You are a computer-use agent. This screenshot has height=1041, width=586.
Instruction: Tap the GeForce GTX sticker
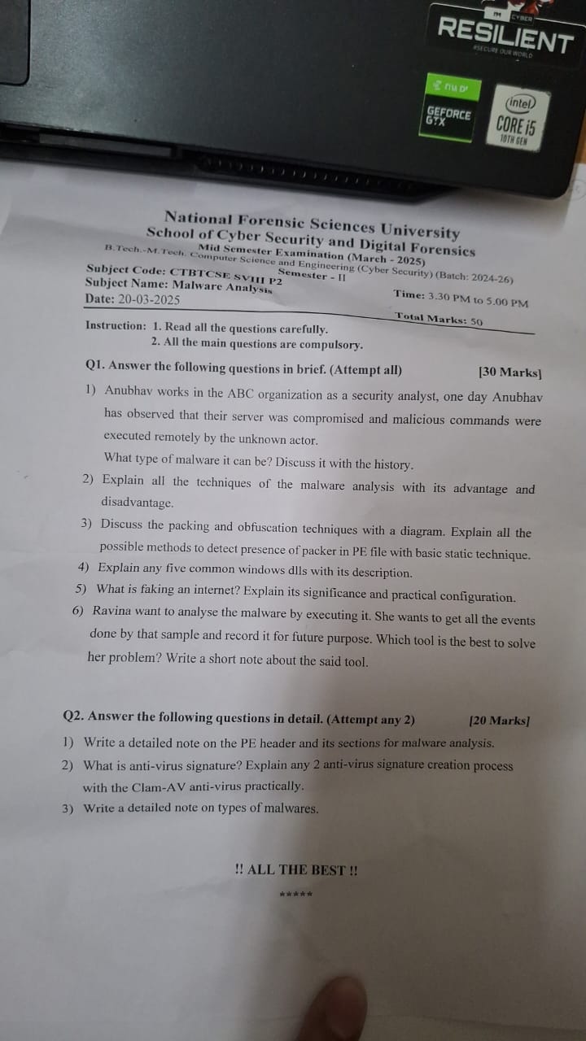tap(449, 116)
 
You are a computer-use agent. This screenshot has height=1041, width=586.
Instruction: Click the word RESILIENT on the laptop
tap(505, 35)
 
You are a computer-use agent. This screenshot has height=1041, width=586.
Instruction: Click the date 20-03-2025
tap(149, 299)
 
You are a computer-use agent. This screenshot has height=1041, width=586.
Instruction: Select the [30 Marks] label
tap(510, 372)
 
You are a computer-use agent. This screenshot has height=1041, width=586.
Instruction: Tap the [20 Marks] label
tap(500, 721)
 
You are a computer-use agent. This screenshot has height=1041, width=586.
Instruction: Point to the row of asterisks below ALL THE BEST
tap(295, 895)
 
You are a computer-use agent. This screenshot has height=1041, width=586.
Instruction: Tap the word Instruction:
tap(116, 325)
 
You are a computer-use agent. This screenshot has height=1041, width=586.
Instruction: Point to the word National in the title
tap(199, 218)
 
